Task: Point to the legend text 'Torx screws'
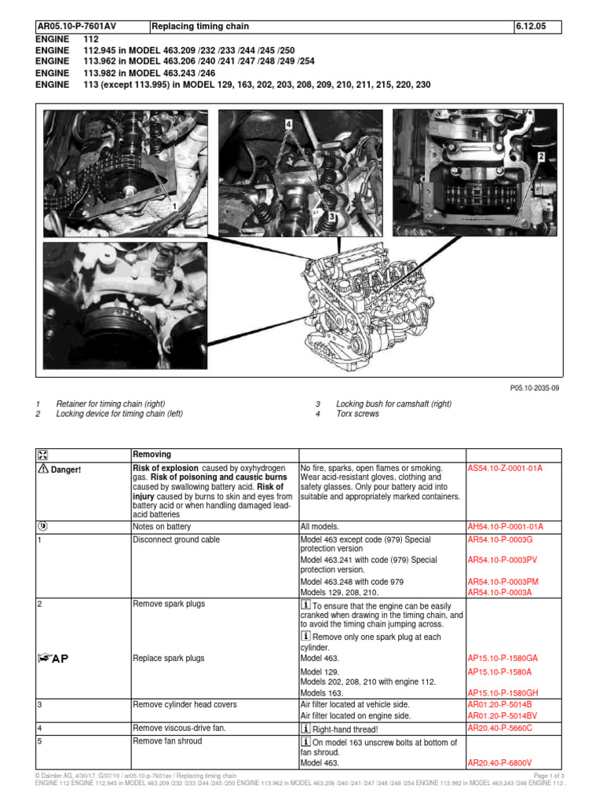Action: coord(357,414)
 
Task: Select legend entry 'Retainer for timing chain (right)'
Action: coord(111,404)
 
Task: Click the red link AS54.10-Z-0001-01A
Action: coord(505,468)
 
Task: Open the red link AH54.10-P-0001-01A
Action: coord(505,526)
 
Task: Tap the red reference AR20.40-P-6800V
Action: coord(500,762)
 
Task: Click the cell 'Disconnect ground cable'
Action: coord(177,539)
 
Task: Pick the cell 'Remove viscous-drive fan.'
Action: coord(179,728)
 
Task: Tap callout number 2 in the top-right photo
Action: coord(540,157)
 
